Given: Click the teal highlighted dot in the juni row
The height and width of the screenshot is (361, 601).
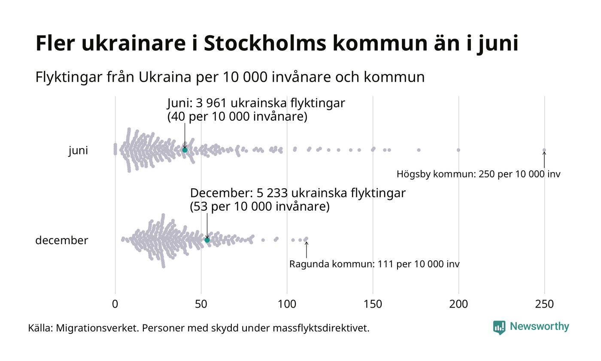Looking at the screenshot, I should click(x=185, y=150).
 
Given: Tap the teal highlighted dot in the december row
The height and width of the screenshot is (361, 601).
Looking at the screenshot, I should click(x=207, y=240).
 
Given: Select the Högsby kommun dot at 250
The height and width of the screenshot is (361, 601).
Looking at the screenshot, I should click(x=544, y=150).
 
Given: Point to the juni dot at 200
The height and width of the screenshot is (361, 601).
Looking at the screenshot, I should click(x=458, y=150).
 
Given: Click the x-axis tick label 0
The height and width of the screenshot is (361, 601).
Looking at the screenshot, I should click(x=115, y=304).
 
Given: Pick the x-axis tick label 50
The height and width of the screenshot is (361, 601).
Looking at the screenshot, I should click(x=201, y=304).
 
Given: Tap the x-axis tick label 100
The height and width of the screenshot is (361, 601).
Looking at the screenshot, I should click(x=287, y=304).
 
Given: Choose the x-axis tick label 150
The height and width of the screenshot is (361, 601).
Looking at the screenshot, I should click(x=373, y=304).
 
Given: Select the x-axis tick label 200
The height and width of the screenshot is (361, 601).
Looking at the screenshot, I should click(x=458, y=304).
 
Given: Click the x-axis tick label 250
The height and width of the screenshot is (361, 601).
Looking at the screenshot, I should click(x=544, y=304).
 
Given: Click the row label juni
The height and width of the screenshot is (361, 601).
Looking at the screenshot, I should click(x=78, y=151).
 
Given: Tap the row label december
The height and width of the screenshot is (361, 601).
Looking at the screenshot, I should click(x=61, y=240).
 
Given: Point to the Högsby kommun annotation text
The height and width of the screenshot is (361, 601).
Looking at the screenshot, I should click(x=478, y=174).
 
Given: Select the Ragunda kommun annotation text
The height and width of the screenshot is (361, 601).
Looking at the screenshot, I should click(x=374, y=264).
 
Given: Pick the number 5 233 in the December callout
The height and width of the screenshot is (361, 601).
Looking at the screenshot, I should click(x=275, y=193).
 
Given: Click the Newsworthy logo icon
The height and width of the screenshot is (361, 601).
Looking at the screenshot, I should click(x=499, y=327).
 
